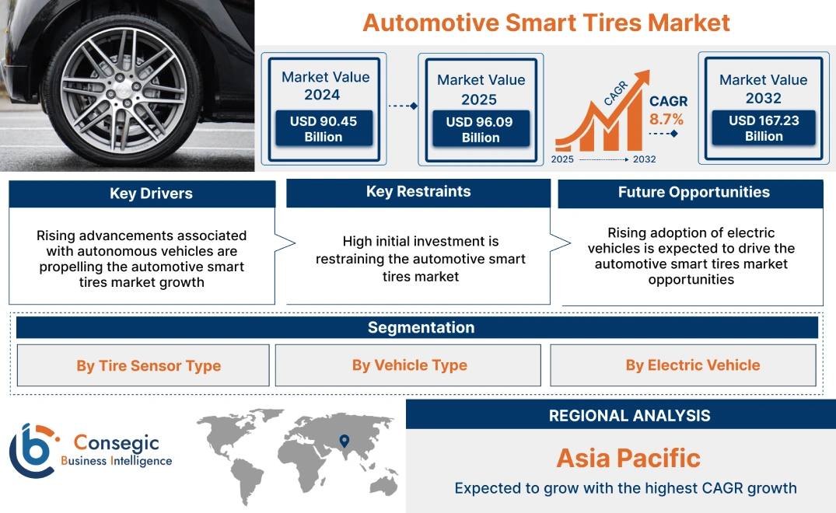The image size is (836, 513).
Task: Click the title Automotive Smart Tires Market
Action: click(546, 23)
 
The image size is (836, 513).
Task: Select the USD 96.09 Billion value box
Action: click(481, 130)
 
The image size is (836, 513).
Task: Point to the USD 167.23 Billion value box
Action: click(763, 128)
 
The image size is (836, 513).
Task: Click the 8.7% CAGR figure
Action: click(666, 120)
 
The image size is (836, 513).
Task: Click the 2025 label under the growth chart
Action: click(563, 159)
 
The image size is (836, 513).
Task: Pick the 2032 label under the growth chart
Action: click(644, 159)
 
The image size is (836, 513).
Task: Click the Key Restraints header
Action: click(418, 192)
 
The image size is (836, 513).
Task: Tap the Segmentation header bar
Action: click(420, 327)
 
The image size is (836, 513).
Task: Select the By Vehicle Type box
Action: click(409, 365)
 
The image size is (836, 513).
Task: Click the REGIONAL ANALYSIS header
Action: click(629, 416)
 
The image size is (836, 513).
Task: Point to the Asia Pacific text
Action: click(628, 458)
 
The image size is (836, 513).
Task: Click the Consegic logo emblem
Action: click(33, 450)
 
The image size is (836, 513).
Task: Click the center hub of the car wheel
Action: click(125, 83)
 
